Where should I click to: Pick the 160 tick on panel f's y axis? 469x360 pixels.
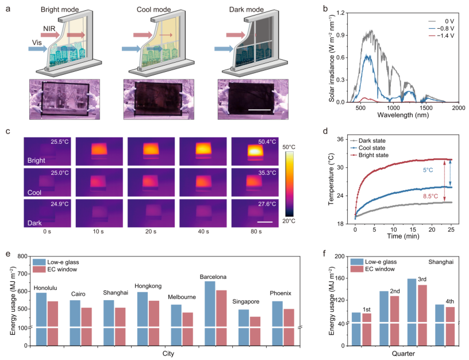click(x=339, y=278)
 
